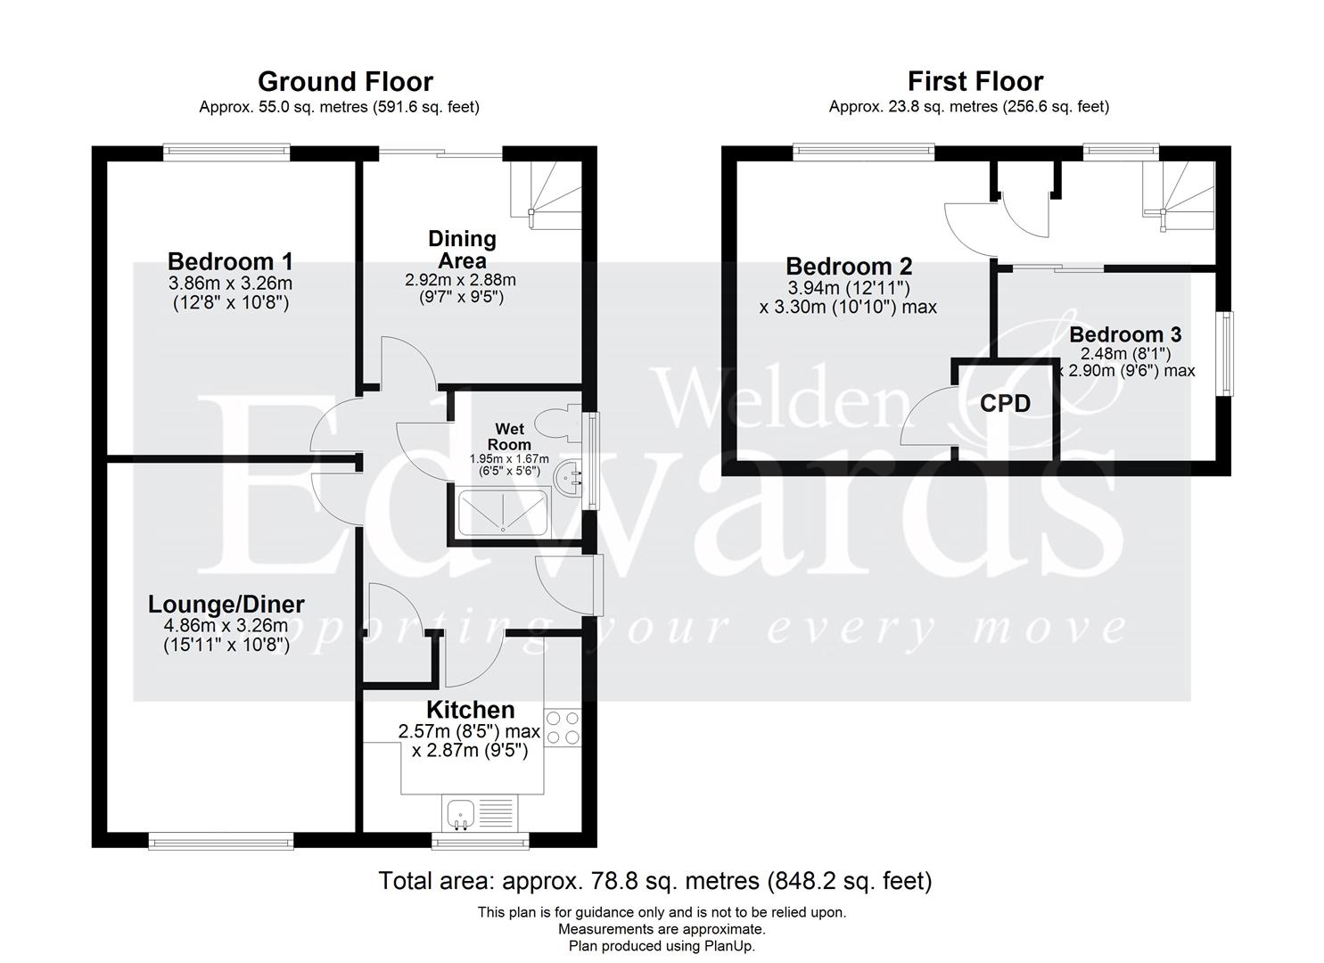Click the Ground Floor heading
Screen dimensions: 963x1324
(345, 82)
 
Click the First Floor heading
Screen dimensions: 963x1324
(974, 82)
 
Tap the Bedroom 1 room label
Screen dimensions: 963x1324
(230, 262)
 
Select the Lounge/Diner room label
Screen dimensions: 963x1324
(226, 605)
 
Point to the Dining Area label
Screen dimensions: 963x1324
(462, 250)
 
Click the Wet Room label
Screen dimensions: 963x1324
(509, 437)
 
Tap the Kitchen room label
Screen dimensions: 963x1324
(470, 710)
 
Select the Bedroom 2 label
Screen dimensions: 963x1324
(849, 267)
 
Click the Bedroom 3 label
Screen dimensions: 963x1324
(1125, 334)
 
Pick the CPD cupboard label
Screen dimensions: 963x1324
(1005, 404)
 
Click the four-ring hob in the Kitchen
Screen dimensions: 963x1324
(562, 727)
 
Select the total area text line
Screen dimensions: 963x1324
(654, 881)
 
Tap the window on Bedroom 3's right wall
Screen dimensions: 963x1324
(1227, 352)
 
